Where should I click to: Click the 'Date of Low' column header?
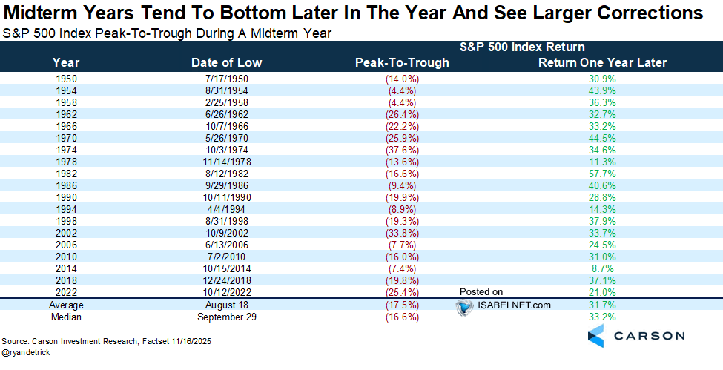pos(226,62)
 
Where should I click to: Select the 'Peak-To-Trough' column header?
pos(402,62)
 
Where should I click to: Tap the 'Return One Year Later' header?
pos(602,62)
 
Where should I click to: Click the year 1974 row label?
pos(67,149)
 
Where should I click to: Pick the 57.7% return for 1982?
pos(602,173)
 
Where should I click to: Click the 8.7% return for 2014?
pos(602,268)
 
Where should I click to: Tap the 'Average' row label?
pos(67,304)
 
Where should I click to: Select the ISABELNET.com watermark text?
pos(504,305)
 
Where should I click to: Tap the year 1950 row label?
pos(67,78)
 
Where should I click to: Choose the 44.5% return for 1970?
pos(602,137)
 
